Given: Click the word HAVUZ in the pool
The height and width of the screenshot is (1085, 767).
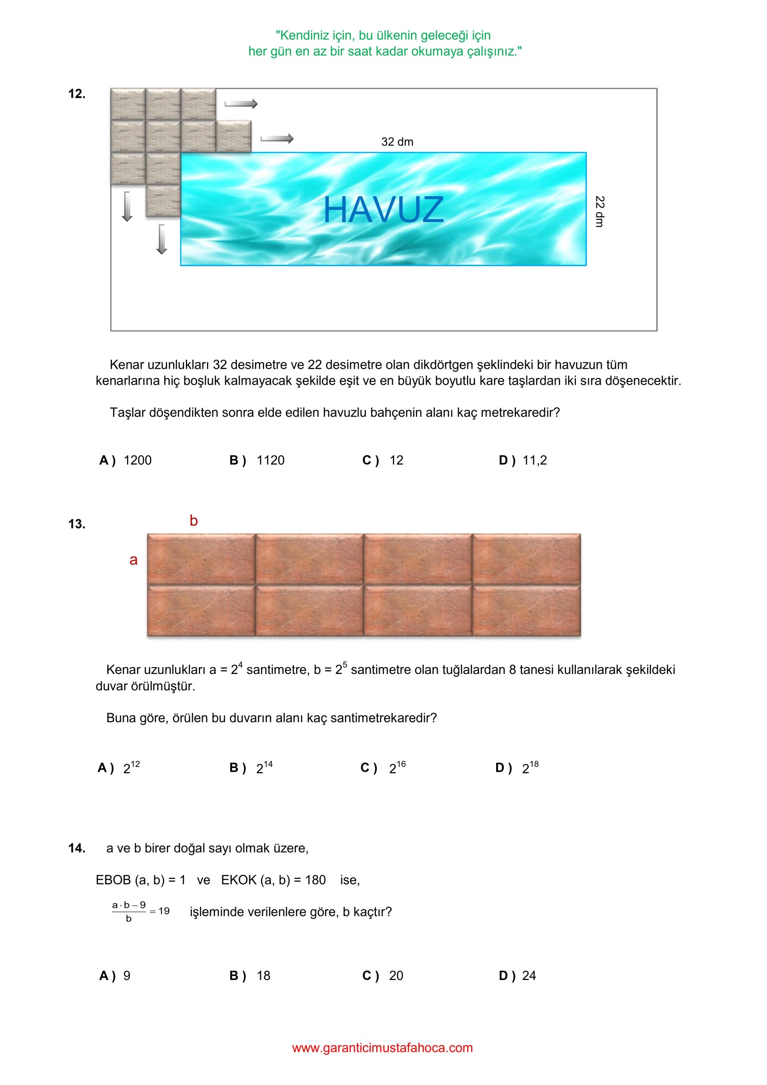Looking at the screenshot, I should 383,210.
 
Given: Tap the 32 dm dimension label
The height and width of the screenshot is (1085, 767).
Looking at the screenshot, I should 397,142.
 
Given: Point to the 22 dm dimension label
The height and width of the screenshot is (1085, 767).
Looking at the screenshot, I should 599,211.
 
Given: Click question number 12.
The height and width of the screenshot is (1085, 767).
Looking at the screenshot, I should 77,94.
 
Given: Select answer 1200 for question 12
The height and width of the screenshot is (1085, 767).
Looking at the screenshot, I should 137,460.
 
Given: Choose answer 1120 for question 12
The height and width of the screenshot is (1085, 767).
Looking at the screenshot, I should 270,460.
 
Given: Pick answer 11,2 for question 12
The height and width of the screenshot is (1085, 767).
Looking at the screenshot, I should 534,460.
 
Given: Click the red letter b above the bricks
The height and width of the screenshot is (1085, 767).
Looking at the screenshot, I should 194,521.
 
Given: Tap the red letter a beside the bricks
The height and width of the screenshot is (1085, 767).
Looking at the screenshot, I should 133,560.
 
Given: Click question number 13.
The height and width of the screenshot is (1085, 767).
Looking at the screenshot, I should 77,524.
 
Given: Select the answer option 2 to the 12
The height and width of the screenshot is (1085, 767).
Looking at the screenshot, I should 131,767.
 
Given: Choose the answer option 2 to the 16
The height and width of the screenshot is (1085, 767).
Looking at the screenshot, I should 397,767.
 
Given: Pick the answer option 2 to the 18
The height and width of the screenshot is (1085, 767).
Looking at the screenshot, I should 530,767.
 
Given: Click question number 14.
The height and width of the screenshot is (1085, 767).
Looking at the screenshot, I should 77,849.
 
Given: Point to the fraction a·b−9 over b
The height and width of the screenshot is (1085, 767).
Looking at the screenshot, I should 129,912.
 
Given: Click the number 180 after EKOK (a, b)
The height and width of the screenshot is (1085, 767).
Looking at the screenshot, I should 315,880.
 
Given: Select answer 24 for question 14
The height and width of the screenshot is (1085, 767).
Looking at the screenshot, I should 529,976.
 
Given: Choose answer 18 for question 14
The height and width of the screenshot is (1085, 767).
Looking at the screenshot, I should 263,976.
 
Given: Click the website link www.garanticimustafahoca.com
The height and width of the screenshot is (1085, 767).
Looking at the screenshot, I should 382,1048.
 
